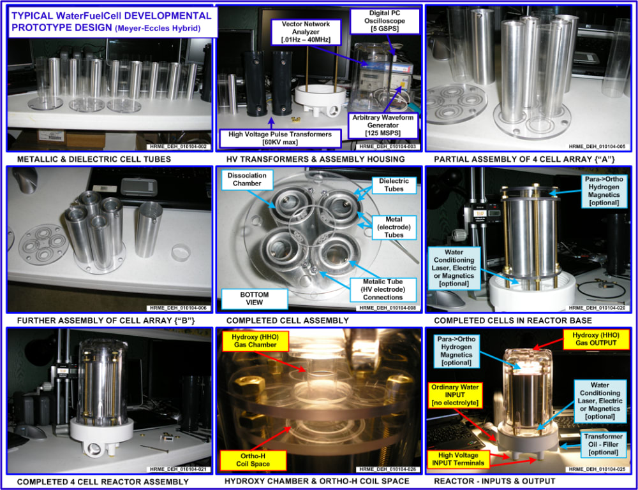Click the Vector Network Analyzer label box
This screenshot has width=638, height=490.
pyautogui.click(x=306, y=32)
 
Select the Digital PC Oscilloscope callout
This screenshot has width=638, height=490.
pyautogui.click(x=385, y=21)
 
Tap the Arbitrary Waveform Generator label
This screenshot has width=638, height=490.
pyautogui.click(x=383, y=125)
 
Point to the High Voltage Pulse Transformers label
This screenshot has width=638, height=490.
pyautogui.click(x=280, y=138)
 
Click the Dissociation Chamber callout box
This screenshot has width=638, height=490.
pyautogui.click(x=247, y=180)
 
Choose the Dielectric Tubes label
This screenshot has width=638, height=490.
pyautogui.click(x=394, y=185)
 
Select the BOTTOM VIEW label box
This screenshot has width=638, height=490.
pyautogui.click(x=255, y=299)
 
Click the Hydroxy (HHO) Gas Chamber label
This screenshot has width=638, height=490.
pyautogui.click(x=255, y=341)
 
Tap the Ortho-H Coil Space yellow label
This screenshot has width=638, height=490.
pyautogui.click(x=253, y=460)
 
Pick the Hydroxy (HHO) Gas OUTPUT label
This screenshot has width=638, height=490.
pyautogui.click(x=596, y=339)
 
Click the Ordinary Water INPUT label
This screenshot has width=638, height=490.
pyautogui.click(x=455, y=395)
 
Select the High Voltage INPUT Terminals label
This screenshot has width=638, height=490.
pyautogui.click(x=458, y=459)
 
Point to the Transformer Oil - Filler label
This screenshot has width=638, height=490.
pyautogui.click(x=604, y=445)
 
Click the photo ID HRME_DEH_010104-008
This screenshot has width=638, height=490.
pyautogui.click(x=387, y=308)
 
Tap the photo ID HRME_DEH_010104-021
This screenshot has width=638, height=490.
pyautogui.click(x=178, y=469)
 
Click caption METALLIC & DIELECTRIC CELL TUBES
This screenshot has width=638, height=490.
pyautogui.click(x=94, y=159)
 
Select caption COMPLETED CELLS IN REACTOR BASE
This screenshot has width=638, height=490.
pyautogui.click(x=513, y=321)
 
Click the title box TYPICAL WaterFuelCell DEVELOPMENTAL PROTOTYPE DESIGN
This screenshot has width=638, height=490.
pyautogui.click(x=112, y=22)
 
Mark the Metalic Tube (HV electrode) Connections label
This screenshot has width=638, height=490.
pyautogui.click(x=383, y=289)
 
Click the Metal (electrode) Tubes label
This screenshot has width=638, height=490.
pyautogui.click(x=394, y=227)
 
